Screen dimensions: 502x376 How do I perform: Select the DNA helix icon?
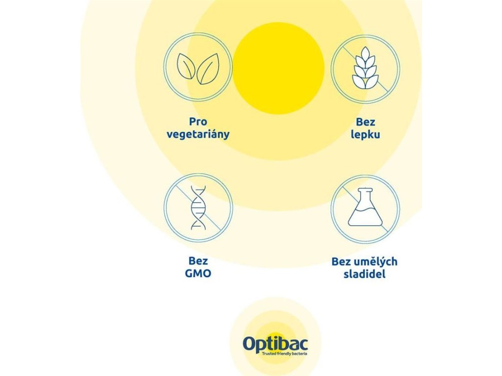[199, 208]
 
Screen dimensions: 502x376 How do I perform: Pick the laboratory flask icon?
[365, 207]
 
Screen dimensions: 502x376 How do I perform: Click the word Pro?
[198, 122]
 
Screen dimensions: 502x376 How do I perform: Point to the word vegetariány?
[198, 135]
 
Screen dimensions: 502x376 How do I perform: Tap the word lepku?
[365, 135]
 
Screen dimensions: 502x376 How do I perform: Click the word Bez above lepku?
[365, 122]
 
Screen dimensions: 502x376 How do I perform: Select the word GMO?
[198, 274]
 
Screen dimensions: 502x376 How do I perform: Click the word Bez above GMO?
[198, 261]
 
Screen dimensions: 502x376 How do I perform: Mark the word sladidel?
[364, 274]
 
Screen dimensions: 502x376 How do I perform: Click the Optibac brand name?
[276, 344]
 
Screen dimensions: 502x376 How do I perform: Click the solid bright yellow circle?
[278, 68]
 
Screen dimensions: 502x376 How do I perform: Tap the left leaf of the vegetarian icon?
[186, 66]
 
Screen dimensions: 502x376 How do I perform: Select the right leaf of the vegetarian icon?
[208, 69]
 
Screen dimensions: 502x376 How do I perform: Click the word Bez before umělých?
[341, 262]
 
